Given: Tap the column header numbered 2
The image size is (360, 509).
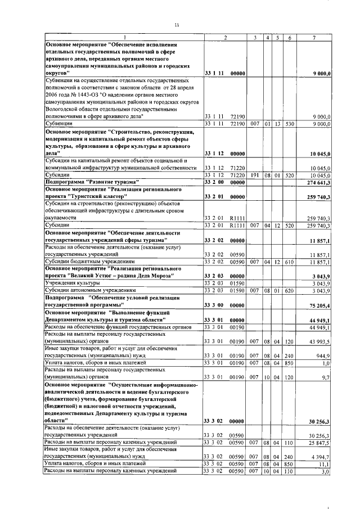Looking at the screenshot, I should click(225, 38).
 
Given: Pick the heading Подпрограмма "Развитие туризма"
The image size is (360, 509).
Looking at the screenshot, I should click(87, 182).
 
